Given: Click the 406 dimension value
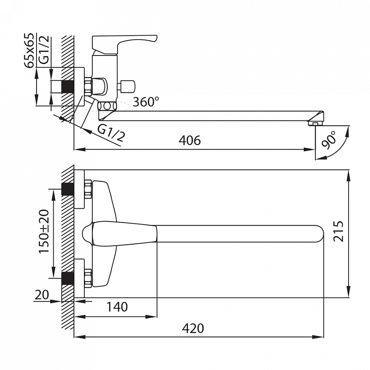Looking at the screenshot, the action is coord(190,141).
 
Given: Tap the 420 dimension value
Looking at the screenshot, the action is coord(193,328).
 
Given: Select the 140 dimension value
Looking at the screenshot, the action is coord(117,307).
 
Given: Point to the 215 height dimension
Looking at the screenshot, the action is coord(338,231).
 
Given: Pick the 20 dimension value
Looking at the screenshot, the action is coord(42,294).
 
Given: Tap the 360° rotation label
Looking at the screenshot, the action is coord(146,102).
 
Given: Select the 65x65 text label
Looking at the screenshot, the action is coord(30,51).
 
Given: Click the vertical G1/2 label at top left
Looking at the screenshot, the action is coord(44,50).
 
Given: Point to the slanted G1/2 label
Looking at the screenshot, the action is coord(111,133).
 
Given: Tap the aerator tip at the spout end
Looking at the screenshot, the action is coord(314,123).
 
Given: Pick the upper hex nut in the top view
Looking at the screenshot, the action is coord(88,189).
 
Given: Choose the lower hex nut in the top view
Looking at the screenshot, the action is coord(88,278).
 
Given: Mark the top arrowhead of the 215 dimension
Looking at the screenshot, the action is coord(349,176).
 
